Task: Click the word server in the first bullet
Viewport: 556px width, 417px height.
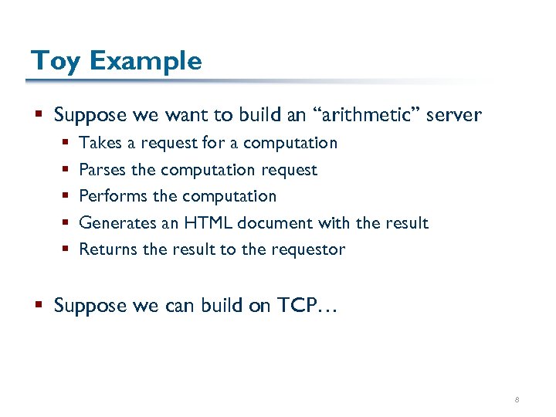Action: tap(453, 116)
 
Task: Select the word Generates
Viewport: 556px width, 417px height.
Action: tap(113, 223)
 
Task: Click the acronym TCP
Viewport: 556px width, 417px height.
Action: tap(301, 306)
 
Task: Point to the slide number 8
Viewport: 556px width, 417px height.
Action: tap(517, 400)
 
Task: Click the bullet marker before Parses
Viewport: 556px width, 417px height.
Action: tap(67, 170)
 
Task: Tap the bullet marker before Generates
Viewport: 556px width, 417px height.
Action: tap(67, 223)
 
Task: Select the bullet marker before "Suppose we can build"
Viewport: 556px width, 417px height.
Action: tap(40, 306)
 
